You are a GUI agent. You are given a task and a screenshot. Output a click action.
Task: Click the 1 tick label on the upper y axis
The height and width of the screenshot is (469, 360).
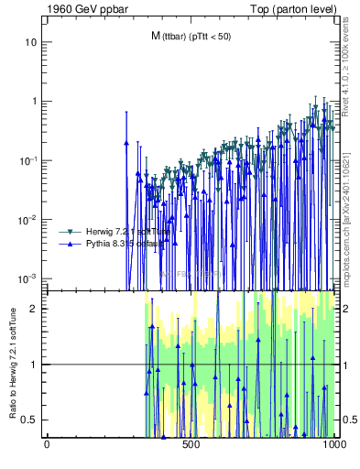tap(33, 102)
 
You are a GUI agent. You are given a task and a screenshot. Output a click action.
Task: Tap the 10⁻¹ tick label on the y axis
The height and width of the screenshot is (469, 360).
tap(28, 160)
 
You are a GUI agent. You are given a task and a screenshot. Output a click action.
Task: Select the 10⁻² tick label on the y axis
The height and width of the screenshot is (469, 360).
tap(28, 219)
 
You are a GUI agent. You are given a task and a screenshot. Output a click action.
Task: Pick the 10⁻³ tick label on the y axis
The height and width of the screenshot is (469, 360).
tap(28, 278)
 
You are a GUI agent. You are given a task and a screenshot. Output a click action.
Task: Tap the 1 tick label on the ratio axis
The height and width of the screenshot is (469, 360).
tap(34, 365)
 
